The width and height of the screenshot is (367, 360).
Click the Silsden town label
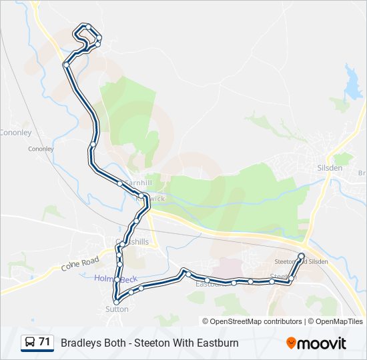330,168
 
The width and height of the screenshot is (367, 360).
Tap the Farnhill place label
138,183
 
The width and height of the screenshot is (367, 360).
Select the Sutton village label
117,309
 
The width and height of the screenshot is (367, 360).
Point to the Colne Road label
79,264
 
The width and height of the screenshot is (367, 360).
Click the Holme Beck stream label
107,278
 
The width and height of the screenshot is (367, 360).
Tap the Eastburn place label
208,284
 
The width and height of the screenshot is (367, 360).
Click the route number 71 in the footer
45,342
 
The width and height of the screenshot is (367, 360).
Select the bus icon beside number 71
30,343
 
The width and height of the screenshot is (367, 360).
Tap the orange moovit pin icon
291,343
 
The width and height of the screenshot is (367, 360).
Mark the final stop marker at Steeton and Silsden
301,255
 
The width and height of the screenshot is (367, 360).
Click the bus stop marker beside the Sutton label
117,302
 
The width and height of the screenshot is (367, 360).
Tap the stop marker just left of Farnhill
119,183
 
